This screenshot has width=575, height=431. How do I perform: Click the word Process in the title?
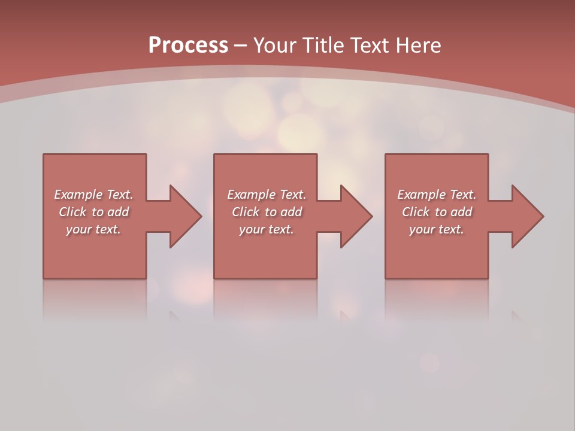(x=188, y=45)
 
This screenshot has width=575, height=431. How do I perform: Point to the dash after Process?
(x=241, y=45)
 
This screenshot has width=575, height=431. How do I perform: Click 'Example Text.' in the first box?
(x=93, y=195)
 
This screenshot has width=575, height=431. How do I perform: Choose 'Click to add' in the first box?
(x=93, y=212)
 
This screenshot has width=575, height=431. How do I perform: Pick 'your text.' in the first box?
(x=93, y=229)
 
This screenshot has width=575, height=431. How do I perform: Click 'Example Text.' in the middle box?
(x=267, y=195)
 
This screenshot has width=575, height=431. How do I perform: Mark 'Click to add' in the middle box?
(x=267, y=212)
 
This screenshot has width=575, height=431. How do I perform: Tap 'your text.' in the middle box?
(x=267, y=229)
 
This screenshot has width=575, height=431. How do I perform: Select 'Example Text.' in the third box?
(x=437, y=195)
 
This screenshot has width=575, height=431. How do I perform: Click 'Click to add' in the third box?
(x=437, y=212)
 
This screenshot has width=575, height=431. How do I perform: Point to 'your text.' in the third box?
(x=437, y=229)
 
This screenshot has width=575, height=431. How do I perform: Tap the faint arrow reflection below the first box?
(x=175, y=315)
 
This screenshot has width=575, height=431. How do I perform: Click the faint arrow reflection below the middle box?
(x=346, y=315)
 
